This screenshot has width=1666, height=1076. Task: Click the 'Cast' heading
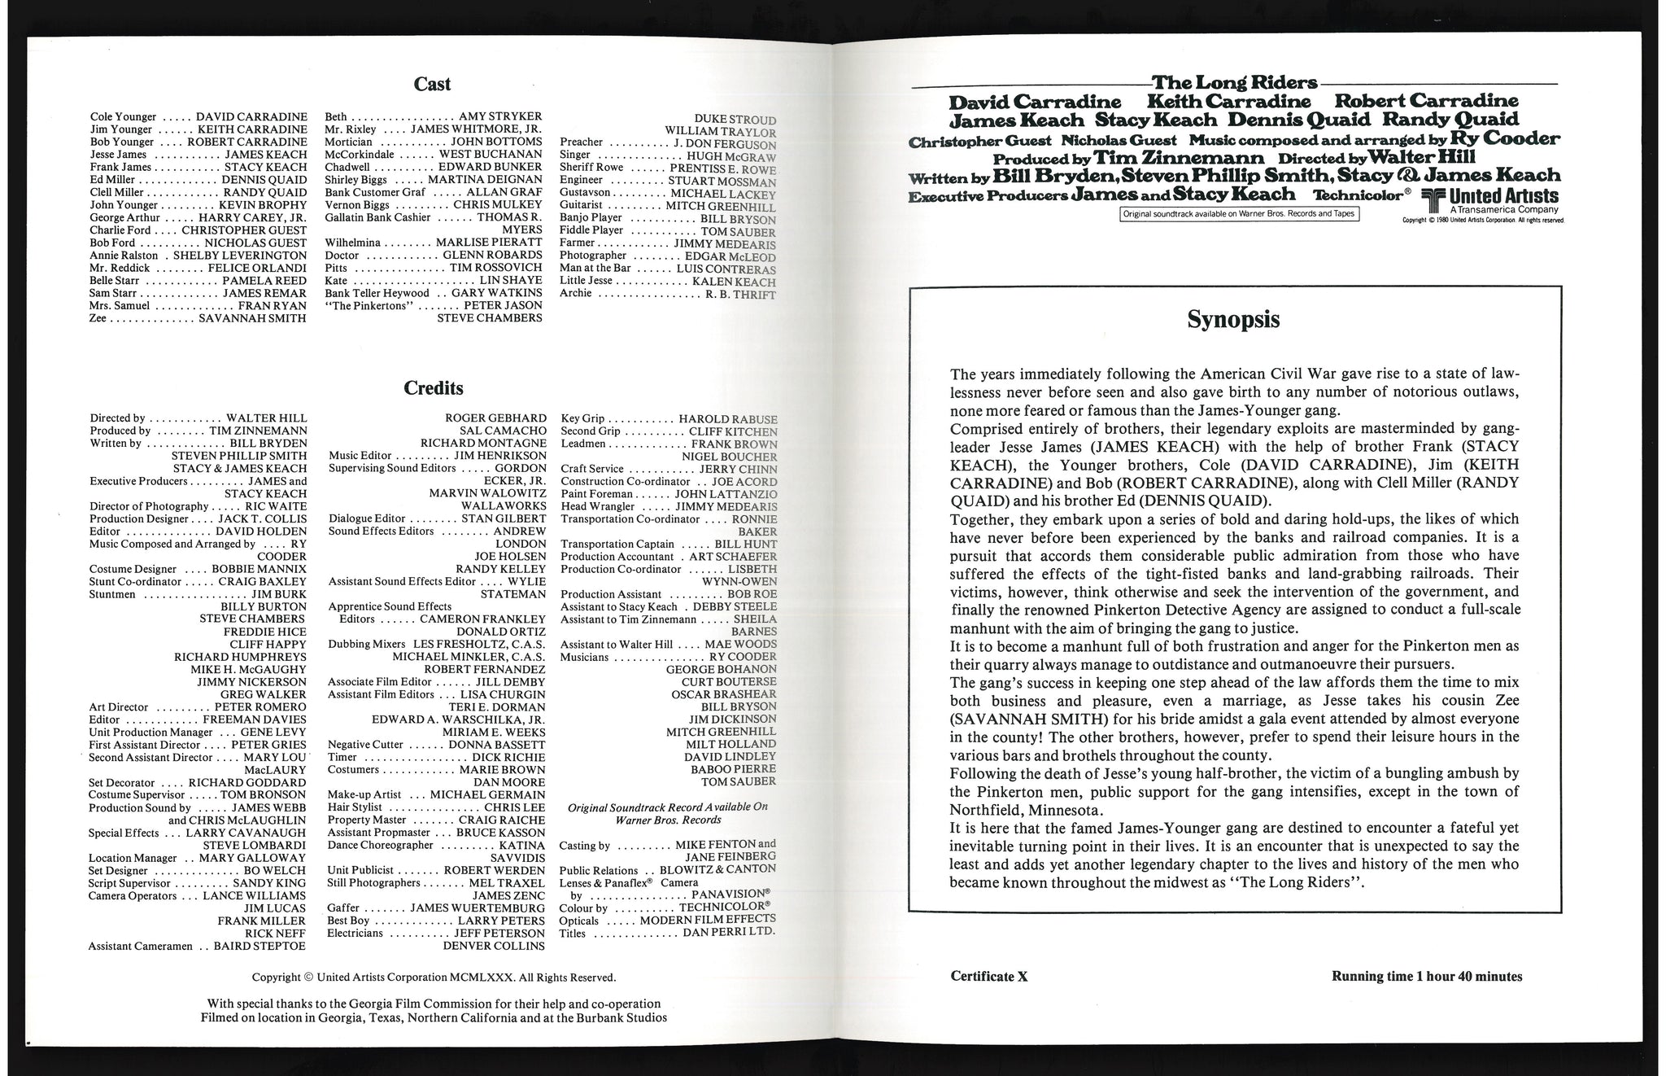(432, 84)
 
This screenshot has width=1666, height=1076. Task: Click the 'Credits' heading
(434, 388)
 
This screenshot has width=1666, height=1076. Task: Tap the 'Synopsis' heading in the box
(1233, 320)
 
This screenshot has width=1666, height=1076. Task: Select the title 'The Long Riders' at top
(1234, 83)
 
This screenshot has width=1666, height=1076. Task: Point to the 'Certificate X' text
(988, 977)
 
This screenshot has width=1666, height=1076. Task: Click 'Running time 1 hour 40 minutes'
(1426, 977)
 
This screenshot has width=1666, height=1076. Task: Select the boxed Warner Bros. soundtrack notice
(1240, 214)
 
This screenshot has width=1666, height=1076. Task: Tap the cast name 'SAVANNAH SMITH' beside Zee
(252, 318)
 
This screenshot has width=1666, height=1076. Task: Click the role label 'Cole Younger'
(123, 117)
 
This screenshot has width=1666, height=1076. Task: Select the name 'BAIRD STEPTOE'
(259, 947)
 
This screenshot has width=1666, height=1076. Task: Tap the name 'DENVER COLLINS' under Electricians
(494, 947)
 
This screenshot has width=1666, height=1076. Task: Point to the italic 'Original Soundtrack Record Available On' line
(667, 807)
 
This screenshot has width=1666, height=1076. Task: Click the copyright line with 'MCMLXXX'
(434, 978)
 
